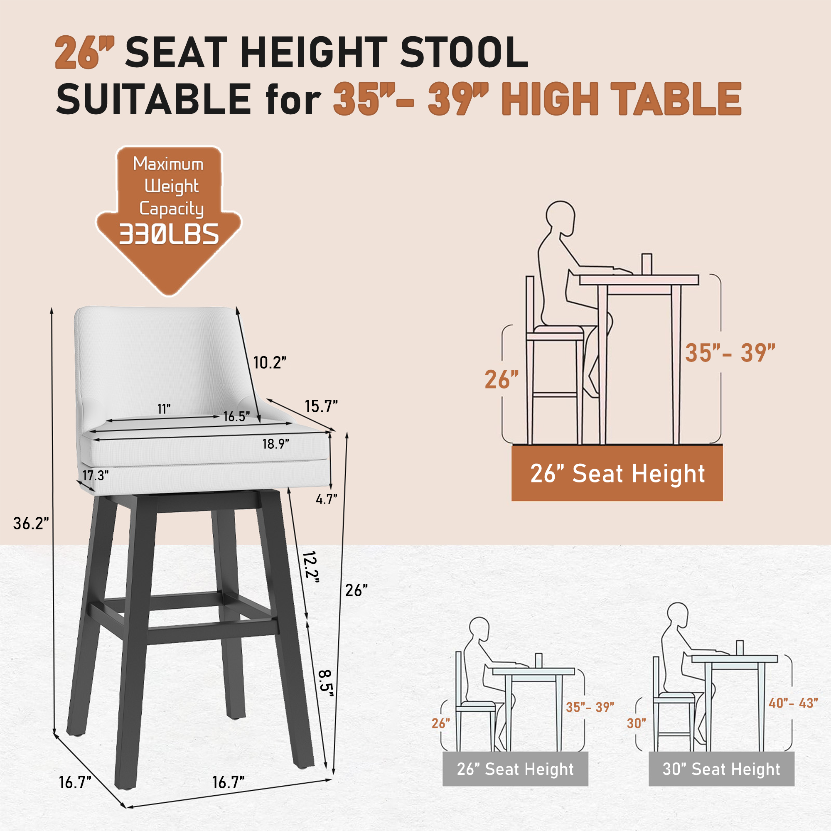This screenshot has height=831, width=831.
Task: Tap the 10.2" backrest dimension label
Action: tap(270, 363)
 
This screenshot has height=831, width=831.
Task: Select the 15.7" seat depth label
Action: tap(321, 406)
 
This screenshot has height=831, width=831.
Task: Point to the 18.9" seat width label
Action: tap(276, 444)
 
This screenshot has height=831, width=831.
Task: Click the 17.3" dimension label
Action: tap(96, 475)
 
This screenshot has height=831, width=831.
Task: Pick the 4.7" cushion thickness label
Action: tap(326, 499)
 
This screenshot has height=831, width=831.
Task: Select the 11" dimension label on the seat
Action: tap(164, 408)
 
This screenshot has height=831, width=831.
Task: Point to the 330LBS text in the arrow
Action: tap(169, 235)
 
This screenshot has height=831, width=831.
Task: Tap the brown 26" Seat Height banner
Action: tap(617, 474)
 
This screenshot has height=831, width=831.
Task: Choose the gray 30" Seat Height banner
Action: tap(721, 769)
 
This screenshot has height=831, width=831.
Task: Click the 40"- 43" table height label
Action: tap(793, 703)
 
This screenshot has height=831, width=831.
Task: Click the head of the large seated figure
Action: tap(561, 217)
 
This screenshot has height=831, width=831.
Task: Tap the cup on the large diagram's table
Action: tap(647, 263)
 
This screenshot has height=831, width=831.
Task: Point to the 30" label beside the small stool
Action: tap(636, 723)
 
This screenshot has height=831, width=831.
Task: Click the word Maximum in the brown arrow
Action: tap(168, 164)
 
